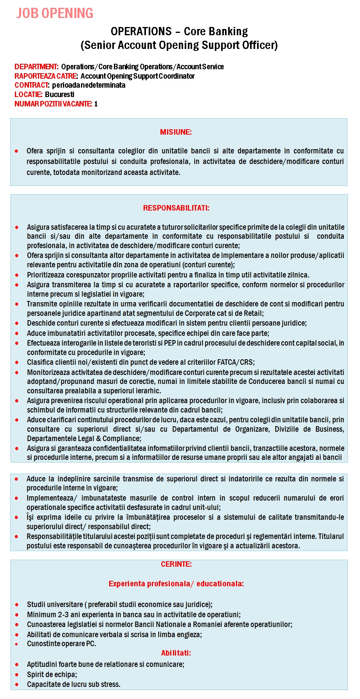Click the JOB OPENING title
tap(55, 13)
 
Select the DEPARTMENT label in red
tap(36, 67)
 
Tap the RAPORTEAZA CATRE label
tap(46, 76)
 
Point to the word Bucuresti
tap(59, 95)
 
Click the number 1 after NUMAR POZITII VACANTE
tap(96, 104)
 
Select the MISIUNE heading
tap(176, 132)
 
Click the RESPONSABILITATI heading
tap(176, 208)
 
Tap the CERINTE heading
tap(176, 564)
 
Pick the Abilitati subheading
tap(176, 653)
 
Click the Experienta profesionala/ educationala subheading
tap(176, 584)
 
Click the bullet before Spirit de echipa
tap(17, 675)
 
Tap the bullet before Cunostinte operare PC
tap(17, 644)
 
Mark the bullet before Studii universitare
tap(17, 605)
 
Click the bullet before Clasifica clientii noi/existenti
tap(17, 363)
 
